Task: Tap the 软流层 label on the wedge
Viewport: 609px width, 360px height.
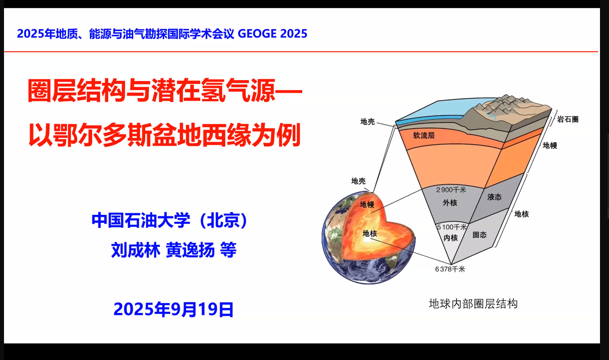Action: click(x=423, y=136)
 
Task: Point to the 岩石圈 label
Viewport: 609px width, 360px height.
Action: click(x=567, y=120)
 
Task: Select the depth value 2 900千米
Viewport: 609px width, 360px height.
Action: click(x=451, y=190)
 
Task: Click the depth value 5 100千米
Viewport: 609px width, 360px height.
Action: click(x=452, y=227)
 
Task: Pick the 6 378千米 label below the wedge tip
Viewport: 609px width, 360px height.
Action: click(x=450, y=269)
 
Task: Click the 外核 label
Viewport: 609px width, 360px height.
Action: click(x=450, y=203)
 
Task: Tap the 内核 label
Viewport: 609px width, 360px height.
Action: click(x=451, y=238)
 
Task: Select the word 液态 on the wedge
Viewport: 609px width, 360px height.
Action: click(x=494, y=197)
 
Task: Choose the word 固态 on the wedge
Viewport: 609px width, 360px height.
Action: click(x=479, y=234)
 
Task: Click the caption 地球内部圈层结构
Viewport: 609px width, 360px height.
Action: click(x=473, y=303)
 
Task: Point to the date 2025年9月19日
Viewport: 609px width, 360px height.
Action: click(x=174, y=309)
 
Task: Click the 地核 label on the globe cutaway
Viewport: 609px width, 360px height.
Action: click(x=370, y=233)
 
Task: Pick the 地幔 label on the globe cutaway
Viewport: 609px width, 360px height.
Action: click(x=367, y=204)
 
